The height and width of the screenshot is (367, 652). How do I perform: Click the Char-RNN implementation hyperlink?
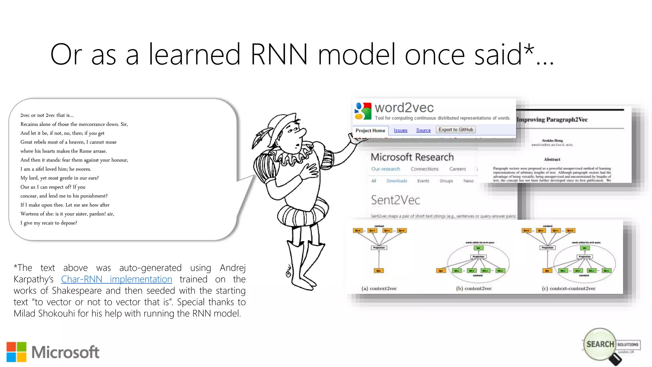117,279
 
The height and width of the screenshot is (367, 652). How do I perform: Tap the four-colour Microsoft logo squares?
17,352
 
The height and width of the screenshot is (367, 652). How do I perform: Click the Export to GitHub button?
456,130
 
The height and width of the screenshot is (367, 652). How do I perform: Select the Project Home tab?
370,131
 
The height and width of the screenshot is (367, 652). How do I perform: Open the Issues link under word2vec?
400,130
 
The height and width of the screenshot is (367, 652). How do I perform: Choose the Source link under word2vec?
423,130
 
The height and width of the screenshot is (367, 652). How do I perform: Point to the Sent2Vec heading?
395,200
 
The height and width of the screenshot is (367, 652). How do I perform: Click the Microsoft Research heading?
412,157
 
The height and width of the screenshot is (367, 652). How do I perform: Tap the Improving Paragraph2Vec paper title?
552,119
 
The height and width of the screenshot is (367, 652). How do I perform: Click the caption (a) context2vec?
379,288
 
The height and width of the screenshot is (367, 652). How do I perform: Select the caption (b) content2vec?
474,288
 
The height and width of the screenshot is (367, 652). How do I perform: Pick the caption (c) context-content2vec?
569,288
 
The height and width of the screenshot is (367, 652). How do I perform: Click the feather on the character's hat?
261,137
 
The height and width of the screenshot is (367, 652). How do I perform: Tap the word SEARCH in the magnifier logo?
600,344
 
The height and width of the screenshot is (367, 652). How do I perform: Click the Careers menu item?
457,169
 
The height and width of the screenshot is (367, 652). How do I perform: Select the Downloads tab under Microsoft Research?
397,181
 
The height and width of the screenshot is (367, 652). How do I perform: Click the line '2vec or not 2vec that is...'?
47,115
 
